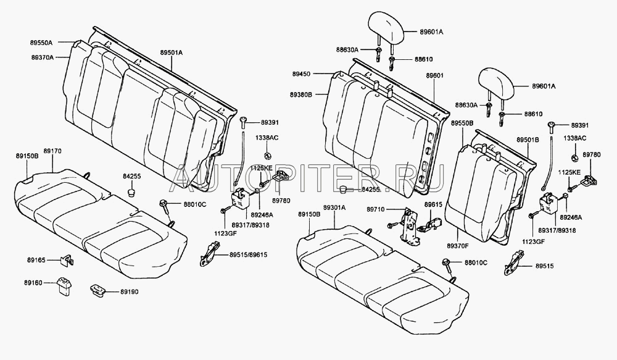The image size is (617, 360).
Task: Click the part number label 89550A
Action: pyautogui.click(x=43, y=43)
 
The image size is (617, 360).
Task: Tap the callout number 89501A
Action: pyautogui.click(x=172, y=53)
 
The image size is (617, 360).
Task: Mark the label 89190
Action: pyautogui.click(x=130, y=290)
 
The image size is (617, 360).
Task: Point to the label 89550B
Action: pyautogui.click(x=462, y=123)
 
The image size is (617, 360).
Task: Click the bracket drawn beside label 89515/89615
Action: pyautogui.click(x=210, y=253)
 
